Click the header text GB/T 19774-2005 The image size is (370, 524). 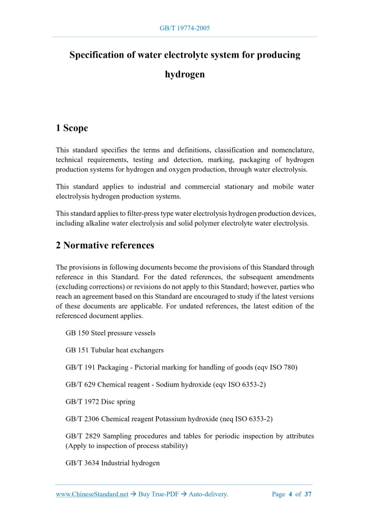185,28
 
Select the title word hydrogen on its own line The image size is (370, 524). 185,74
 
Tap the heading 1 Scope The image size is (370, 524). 72,128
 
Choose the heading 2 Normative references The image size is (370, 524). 105,245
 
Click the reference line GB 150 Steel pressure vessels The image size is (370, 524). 111,333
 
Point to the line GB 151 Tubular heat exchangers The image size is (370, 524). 114,350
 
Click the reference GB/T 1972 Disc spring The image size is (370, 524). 100,402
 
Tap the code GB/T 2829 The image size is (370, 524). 80,436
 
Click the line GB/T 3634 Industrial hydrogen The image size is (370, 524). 113,463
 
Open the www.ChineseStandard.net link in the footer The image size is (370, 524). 92,494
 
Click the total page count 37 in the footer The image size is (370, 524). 308,494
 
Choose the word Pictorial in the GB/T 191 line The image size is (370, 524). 149,367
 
